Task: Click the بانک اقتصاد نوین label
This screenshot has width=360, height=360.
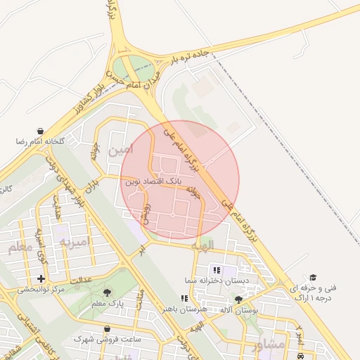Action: click(153, 181)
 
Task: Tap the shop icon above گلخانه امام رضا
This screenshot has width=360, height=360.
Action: click(41, 131)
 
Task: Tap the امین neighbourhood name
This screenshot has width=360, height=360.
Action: click(120, 150)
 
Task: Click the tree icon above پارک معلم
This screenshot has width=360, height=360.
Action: click(107, 292)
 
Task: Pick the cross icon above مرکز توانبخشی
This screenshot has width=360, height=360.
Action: click(41, 279)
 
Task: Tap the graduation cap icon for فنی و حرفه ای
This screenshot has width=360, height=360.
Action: click(313, 278)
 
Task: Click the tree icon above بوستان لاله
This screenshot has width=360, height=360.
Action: click(248, 299)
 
